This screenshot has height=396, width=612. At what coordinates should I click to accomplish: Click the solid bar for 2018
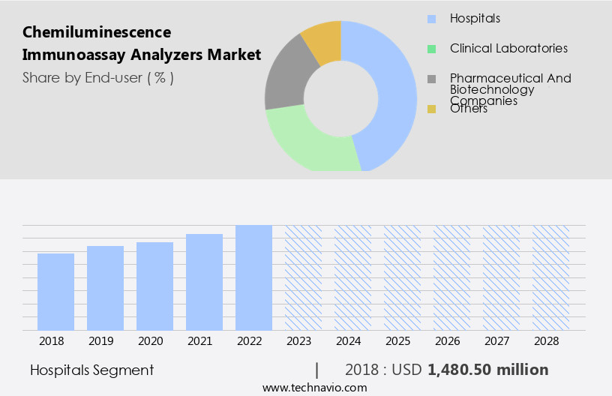tap(55, 292)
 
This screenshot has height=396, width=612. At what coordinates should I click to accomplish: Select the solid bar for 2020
tap(154, 286)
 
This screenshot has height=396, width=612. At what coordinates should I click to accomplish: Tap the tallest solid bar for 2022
tap(253, 277)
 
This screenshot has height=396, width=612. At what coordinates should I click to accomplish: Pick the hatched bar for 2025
tap(402, 277)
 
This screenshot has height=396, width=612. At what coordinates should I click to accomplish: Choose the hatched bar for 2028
tap(550, 277)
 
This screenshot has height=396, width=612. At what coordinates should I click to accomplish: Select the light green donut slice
tap(307, 142)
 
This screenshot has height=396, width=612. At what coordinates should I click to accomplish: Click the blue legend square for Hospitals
tap(431, 19)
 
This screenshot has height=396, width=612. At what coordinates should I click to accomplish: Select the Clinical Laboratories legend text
tap(508, 49)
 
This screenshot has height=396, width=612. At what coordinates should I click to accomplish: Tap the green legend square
tap(431, 49)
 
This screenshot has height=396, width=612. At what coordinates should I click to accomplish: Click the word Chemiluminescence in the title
tap(97, 32)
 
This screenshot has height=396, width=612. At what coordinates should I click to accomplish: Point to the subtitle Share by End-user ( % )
tap(98, 77)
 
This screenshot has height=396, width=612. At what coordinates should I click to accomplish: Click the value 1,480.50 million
tap(488, 370)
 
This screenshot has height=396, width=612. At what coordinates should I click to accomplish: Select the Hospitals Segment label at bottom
tap(91, 370)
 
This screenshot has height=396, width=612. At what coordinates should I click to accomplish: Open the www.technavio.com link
tap(314, 388)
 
